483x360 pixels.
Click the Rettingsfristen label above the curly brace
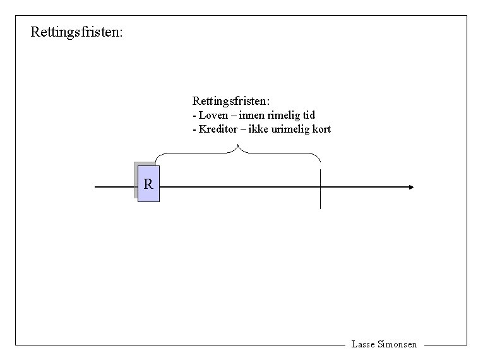click(x=231, y=101)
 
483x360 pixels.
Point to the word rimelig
click(x=284, y=116)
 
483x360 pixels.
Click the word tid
click(x=309, y=116)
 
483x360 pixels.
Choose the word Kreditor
click(x=218, y=129)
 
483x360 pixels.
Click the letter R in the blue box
click(x=148, y=184)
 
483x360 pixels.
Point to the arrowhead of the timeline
click(x=411, y=187)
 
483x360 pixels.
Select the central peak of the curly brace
click(x=238, y=147)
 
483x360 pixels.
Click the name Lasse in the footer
click(x=362, y=345)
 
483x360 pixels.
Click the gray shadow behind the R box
click(x=135, y=181)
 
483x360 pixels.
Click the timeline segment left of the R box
click(x=114, y=187)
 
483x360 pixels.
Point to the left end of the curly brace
click(x=156, y=160)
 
